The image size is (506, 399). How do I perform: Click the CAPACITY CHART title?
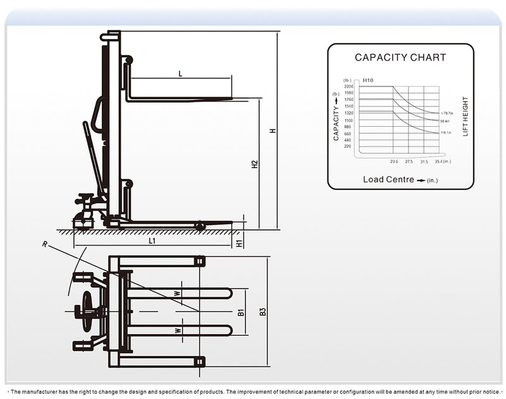[x=400, y=57]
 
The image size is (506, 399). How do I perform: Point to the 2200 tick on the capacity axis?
[x=348, y=86]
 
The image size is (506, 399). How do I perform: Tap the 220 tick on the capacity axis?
[x=348, y=146]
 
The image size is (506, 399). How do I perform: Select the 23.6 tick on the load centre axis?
[x=393, y=162]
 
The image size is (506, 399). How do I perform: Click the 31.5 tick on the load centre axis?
[x=424, y=162]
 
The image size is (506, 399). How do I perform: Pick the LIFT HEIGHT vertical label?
[x=466, y=116]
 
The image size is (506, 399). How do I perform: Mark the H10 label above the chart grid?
[x=367, y=81]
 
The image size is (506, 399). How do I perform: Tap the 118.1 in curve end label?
[x=445, y=133]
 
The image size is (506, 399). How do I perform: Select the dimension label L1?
[x=152, y=241]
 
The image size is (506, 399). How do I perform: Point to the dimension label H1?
[x=239, y=242]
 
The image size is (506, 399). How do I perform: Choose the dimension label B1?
[x=241, y=312]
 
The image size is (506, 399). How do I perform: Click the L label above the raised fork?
[x=180, y=74]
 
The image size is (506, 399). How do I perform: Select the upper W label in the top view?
[x=178, y=293]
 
